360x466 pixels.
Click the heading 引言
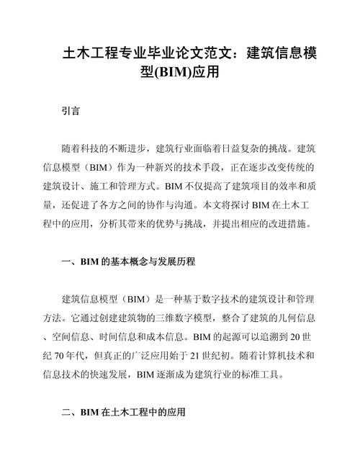point(71,112)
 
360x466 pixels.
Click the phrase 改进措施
point(287,224)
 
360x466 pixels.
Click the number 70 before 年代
point(71,355)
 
